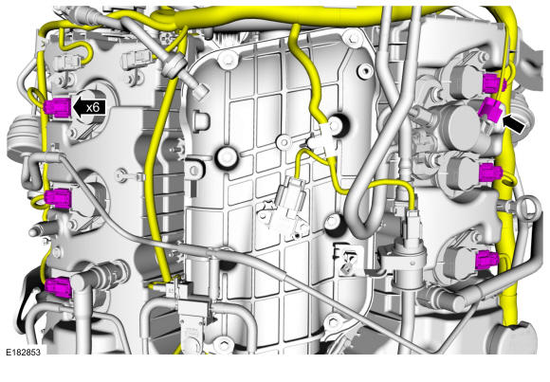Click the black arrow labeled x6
pyautogui.click(x=89, y=107)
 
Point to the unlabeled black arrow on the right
pyautogui.click(x=514, y=124)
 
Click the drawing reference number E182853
pyautogui.click(x=23, y=352)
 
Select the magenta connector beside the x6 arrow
pyautogui.click(x=58, y=107)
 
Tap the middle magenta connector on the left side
pyautogui.click(x=58, y=198)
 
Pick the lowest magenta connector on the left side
pyautogui.click(x=59, y=287)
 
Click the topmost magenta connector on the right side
pyautogui.click(x=494, y=83)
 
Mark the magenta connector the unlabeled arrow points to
pyautogui.click(x=490, y=110)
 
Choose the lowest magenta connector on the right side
pyautogui.click(x=487, y=261)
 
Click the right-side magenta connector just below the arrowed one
pyautogui.click(x=490, y=173)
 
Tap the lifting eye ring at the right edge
pyautogui.click(x=525, y=208)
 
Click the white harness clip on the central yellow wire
pyautogui.click(x=322, y=139)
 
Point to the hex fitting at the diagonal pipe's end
pyautogui.click(x=201, y=91)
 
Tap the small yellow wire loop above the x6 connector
pyautogui.click(x=35, y=96)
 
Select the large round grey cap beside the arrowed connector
pyautogui.click(x=460, y=125)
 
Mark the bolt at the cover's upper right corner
pyautogui.click(x=353, y=37)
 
